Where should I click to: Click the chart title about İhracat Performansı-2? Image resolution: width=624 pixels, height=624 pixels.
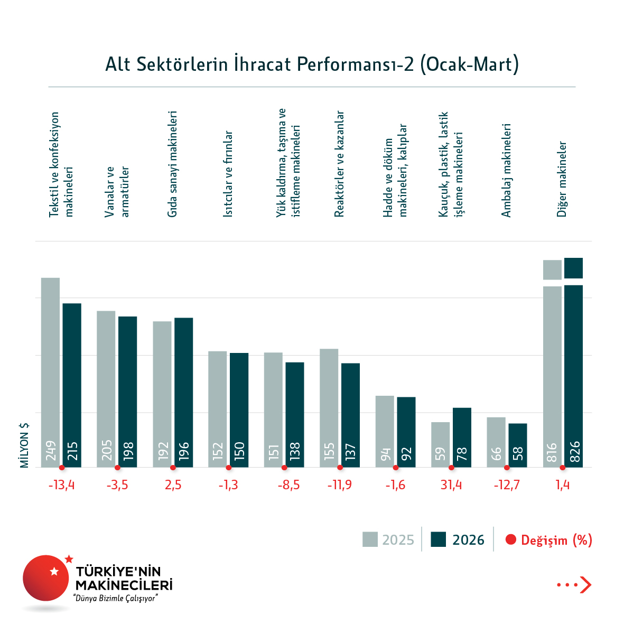coord(312,64)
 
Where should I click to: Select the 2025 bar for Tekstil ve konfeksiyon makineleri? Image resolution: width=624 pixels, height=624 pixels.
coord(50,370)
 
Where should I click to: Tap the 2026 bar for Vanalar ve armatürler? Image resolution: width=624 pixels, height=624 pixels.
coord(127,391)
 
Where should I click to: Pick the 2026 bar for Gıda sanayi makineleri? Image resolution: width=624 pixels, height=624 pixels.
coord(183,391)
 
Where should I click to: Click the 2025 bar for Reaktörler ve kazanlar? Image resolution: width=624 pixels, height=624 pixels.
coord(329,407)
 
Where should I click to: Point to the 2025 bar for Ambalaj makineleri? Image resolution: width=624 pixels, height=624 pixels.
coord(496,442)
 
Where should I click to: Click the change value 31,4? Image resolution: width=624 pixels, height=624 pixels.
coord(451,485)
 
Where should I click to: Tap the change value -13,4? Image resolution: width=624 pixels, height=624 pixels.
coord(62,485)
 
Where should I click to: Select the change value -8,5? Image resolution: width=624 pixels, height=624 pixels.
coord(288,485)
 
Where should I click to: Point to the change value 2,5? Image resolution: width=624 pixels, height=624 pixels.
coord(173,485)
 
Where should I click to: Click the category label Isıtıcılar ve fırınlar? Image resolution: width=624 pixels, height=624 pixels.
coord(228,174)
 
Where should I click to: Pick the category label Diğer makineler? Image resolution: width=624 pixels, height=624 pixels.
coord(562,179)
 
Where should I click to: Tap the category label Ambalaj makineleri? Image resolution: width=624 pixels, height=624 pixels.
coord(506,170)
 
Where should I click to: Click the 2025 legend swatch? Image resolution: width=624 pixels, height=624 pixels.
coord(370,539)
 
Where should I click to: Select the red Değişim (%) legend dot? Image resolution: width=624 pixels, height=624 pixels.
coord(510,539)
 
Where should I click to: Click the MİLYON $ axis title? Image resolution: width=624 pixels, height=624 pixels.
coord(24,445)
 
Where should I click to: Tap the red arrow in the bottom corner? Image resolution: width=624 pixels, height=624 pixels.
coord(585,584)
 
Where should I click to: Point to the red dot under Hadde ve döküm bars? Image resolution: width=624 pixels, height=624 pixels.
coord(396,468)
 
